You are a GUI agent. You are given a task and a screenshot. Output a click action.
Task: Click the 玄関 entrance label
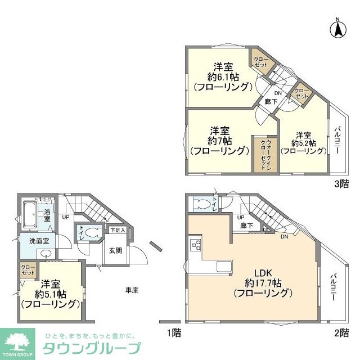(x=115, y=251)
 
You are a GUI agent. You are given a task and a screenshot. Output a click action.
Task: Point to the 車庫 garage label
(x=132, y=290)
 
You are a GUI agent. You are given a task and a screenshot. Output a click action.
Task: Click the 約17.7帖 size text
(x=263, y=282)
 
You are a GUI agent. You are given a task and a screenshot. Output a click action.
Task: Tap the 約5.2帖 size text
(x=303, y=143)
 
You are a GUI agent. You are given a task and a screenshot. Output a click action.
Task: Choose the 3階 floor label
(x=341, y=183)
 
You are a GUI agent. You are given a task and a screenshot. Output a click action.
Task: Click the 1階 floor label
(x=174, y=333)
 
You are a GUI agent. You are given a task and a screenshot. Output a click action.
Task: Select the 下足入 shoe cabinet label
(x=117, y=231)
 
